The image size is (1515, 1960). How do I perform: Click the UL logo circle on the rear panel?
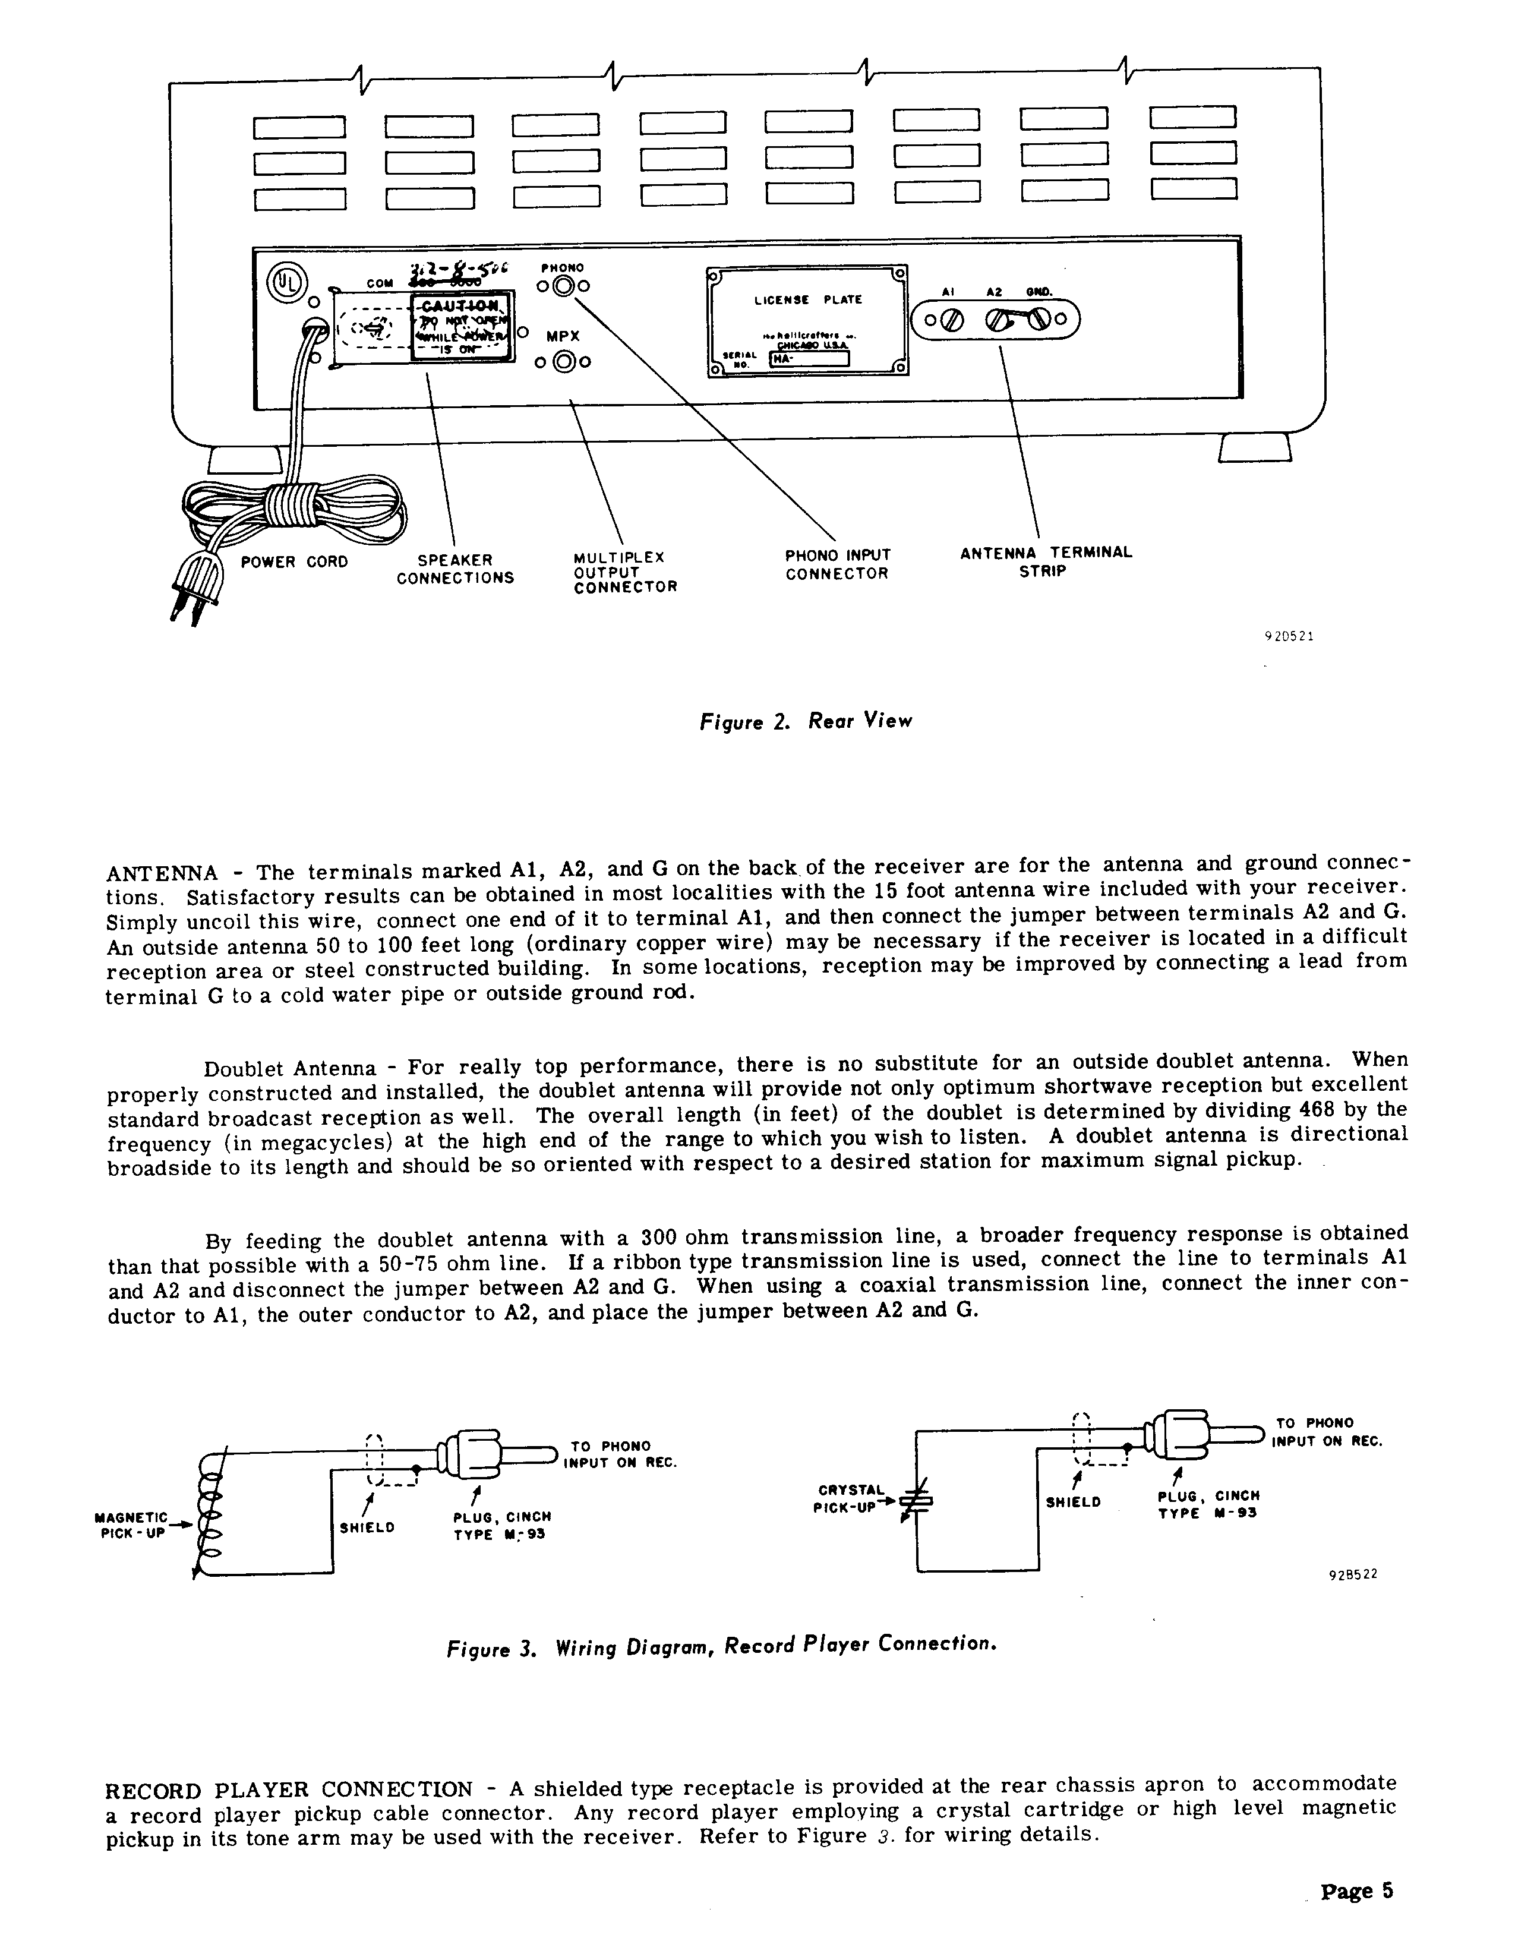[288, 280]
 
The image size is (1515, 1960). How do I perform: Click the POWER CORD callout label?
[293, 563]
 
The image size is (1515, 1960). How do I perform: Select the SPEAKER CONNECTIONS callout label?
[455, 569]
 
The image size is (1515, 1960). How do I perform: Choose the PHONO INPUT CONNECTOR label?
[837, 564]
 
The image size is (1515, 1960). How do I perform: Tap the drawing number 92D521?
[1289, 636]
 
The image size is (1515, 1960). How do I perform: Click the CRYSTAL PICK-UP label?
[848, 1499]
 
